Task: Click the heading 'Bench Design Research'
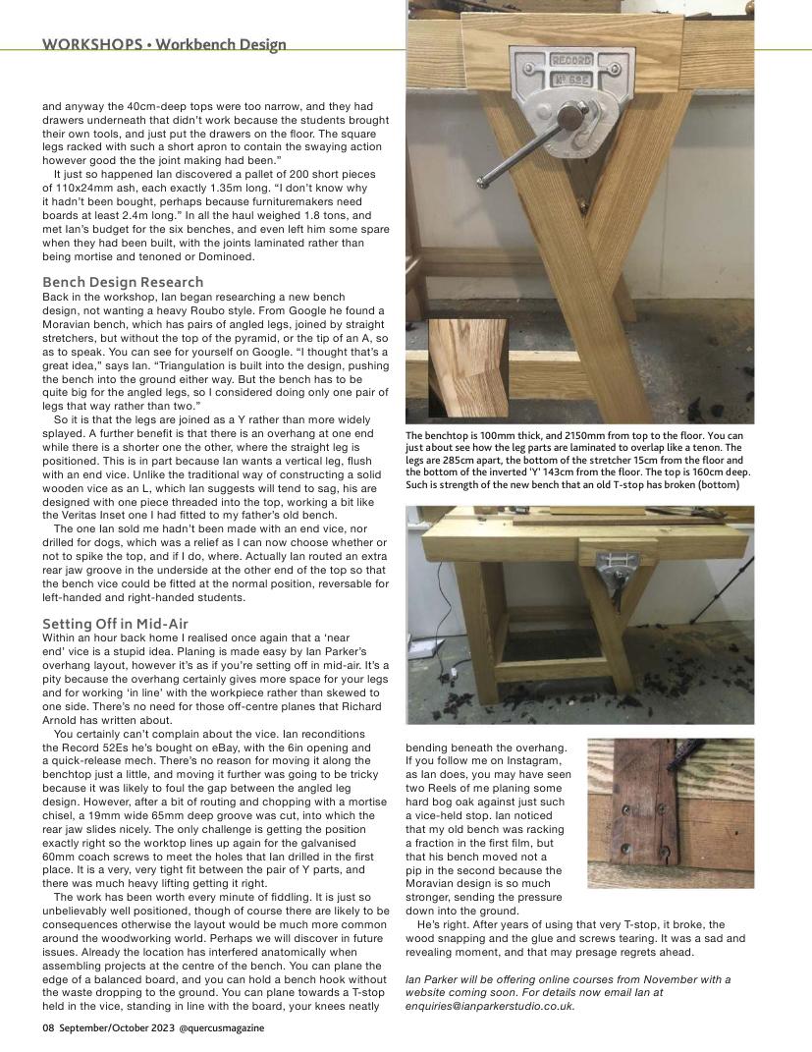(x=123, y=282)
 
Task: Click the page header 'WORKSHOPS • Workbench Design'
(x=164, y=44)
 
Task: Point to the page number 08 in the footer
(x=48, y=1027)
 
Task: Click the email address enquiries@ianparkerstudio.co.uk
(x=490, y=1006)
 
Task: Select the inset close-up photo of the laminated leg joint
(x=467, y=365)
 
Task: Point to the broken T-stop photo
(x=670, y=812)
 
